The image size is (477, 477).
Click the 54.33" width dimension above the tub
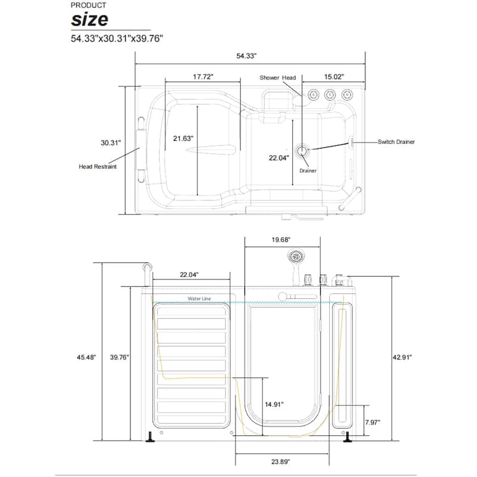click(246, 56)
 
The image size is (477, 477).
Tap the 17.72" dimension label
click(203, 77)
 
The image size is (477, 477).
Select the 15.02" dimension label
click(334, 77)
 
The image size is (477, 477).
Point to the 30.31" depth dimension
click(111, 143)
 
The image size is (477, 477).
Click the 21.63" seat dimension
click(183, 138)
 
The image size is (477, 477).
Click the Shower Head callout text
click(278, 78)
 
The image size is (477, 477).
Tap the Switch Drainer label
click(396, 142)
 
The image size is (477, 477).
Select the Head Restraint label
click(98, 166)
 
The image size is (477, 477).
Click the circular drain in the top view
click(302, 151)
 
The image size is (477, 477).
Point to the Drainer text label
click(308, 171)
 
